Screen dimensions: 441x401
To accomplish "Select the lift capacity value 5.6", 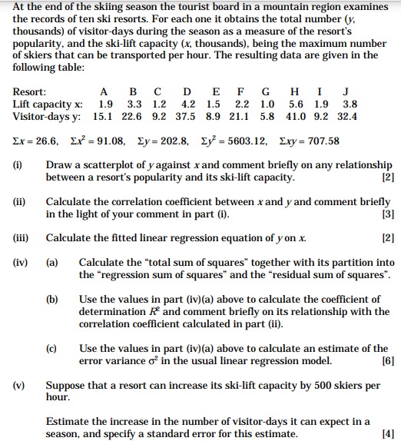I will (x=296, y=104).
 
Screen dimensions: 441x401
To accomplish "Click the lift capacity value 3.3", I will (x=134, y=104).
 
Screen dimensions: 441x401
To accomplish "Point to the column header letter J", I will (x=347, y=91).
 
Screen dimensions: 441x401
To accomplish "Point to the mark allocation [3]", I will (x=386, y=214).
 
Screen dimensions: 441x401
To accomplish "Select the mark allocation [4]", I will (x=386, y=434).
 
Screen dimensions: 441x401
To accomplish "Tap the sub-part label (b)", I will (x=52, y=299).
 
